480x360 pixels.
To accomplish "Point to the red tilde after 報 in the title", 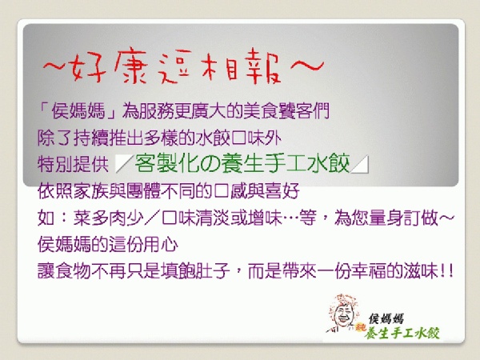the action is tap(306, 65).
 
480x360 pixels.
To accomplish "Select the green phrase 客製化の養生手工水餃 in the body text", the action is tap(242, 164).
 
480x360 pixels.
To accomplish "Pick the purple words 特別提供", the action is tap(73, 164).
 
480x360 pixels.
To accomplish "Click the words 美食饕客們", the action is tap(286, 110).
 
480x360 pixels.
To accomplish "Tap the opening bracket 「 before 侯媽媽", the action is tap(44, 110).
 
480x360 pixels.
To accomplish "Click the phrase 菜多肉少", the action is tap(108, 218).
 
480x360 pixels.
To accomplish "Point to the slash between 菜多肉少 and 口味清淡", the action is tap(152, 218).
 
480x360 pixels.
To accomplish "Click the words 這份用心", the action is tap(142, 244).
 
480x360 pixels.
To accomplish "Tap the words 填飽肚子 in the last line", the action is tap(195, 270).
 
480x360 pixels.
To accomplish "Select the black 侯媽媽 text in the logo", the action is tap(386, 318).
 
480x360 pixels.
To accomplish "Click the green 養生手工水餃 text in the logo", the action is tap(402, 334).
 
